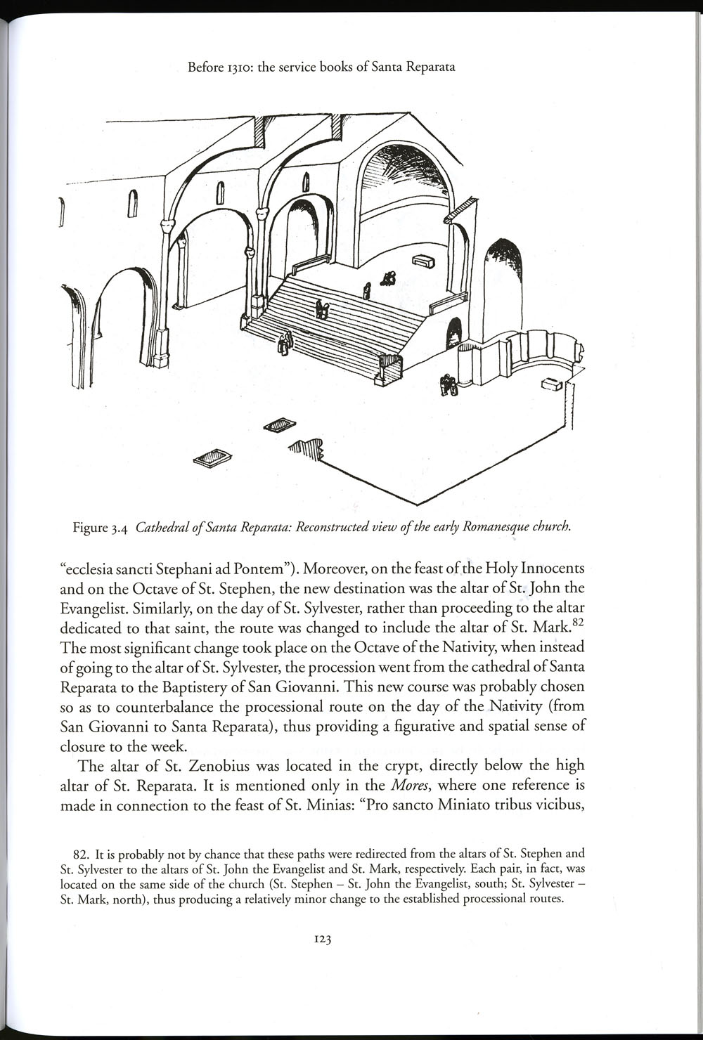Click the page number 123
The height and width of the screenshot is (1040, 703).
(x=323, y=940)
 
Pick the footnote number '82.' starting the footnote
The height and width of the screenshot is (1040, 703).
(x=85, y=855)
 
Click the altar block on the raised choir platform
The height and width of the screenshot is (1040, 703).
(x=423, y=261)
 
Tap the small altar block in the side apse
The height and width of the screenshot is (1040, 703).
(x=551, y=384)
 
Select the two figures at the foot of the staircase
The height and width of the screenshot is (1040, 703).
(x=285, y=343)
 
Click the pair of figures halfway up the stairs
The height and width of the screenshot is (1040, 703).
(x=322, y=308)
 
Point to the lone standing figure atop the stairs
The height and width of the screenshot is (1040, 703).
(x=366, y=290)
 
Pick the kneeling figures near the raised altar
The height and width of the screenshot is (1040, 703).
(x=388, y=278)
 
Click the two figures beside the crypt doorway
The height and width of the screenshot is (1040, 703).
(x=448, y=385)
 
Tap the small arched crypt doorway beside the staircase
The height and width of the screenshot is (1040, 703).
(x=454, y=333)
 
